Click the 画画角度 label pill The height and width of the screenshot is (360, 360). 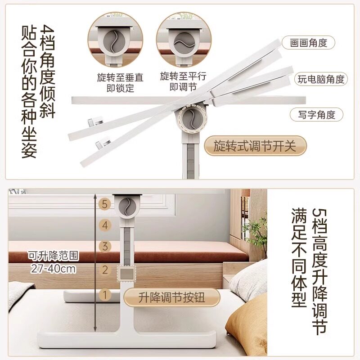pos(308,43)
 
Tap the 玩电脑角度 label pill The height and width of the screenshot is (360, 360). pos(321,79)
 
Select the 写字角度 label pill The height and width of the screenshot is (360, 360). pos(316,115)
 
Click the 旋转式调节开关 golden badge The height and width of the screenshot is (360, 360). pos(255,145)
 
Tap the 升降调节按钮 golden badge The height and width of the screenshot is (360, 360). pos(171,297)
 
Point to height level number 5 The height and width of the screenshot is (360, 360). pos(105,204)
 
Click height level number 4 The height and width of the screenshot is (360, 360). pos(105,225)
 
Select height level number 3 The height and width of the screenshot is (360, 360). pos(105,247)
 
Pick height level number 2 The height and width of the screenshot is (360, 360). pos(105,270)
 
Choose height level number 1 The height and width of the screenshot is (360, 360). pos(105,295)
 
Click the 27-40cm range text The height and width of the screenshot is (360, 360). pos(53,269)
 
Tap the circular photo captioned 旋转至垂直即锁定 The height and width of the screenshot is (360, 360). pos(115,40)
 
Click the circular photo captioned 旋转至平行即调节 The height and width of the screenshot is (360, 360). pos(184,40)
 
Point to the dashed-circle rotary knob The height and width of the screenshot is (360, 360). pos(193,118)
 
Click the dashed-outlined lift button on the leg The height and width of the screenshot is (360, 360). pos(126,274)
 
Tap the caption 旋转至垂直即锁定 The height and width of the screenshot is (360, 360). pos(120,83)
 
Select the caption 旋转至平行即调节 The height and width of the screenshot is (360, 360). pos(183,81)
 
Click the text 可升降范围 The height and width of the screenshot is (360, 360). pos(53,256)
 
